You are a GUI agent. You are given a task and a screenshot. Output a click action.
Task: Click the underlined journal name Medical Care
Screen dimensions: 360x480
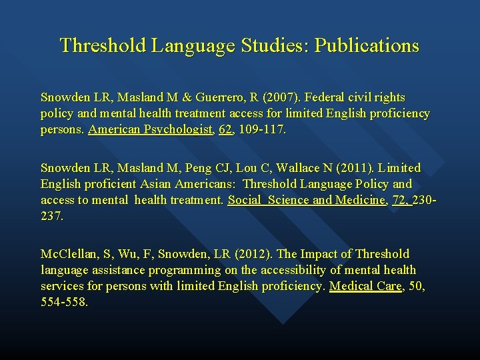click(366, 286)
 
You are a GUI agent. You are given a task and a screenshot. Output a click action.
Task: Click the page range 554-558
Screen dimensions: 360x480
click(64, 302)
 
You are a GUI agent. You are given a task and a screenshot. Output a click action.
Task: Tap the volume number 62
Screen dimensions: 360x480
click(226, 129)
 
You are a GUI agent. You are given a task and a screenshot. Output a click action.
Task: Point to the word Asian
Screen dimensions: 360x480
click(154, 184)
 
